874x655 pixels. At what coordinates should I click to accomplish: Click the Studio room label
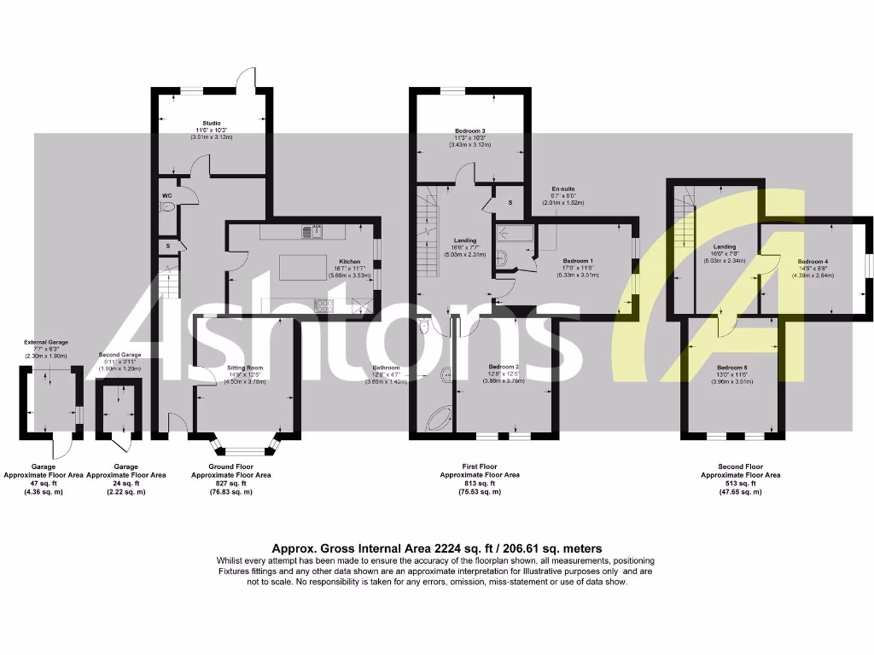(212, 123)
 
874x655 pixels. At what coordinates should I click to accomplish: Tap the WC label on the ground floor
(166, 195)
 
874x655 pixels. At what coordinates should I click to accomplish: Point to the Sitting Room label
(246, 368)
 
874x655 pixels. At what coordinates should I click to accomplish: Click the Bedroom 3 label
(470, 130)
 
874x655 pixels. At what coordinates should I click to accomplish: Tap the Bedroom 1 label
(579, 260)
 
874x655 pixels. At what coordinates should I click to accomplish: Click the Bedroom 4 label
(813, 261)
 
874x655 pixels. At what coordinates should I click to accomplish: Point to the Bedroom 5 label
(731, 368)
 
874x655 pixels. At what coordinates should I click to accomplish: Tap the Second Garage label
(119, 355)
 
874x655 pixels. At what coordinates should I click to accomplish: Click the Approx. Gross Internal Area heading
(436, 548)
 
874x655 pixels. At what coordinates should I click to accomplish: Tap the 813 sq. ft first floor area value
(479, 484)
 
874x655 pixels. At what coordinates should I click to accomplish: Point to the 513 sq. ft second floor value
(740, 484)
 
